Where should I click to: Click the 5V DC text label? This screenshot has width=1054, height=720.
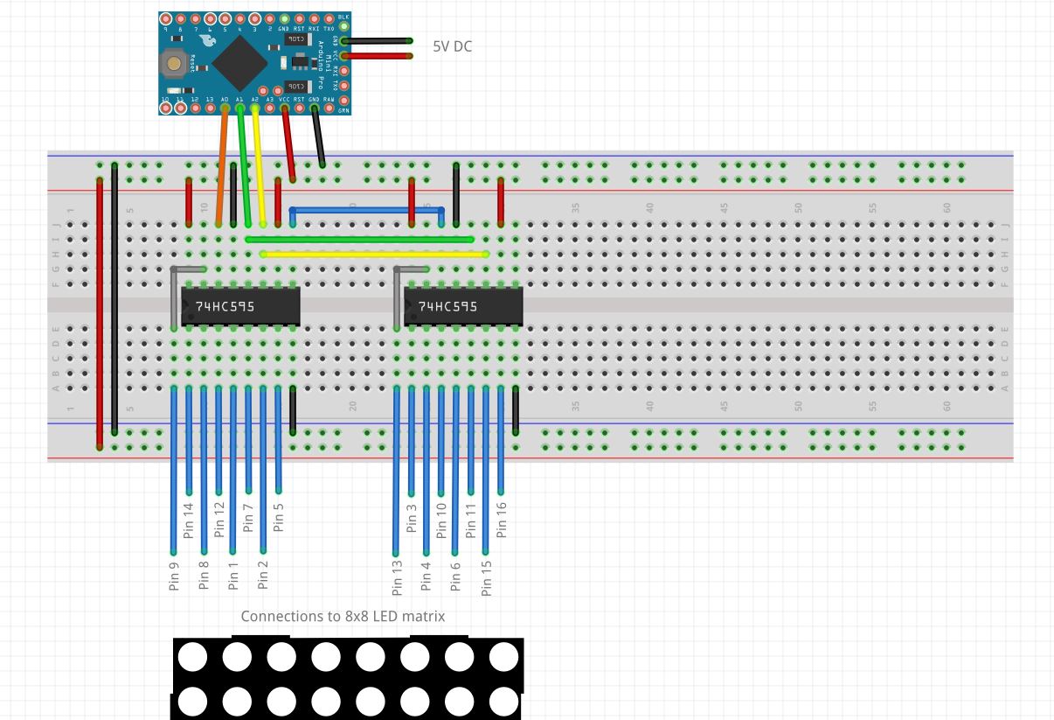(x=452, y=46)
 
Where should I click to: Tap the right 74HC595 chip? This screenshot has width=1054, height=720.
(x=463, y=306)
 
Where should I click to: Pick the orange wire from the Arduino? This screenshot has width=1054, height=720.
(x=222, y=166)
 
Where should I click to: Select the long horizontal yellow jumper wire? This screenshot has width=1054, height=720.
(x=374, y=255)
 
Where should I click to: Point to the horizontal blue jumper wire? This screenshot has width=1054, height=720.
(x=367, y=210)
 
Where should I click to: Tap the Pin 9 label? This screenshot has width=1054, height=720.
(x=174, y=576)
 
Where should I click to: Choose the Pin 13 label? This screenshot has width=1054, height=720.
(x=397, y=577)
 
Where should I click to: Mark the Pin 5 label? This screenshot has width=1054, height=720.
(x=278, y=518)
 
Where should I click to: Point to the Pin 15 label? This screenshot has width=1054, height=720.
(x=486, y=577)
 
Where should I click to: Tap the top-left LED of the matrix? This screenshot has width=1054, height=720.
(x=192, y=656)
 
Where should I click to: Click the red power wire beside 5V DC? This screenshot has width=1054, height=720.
(x=378, y=56)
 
